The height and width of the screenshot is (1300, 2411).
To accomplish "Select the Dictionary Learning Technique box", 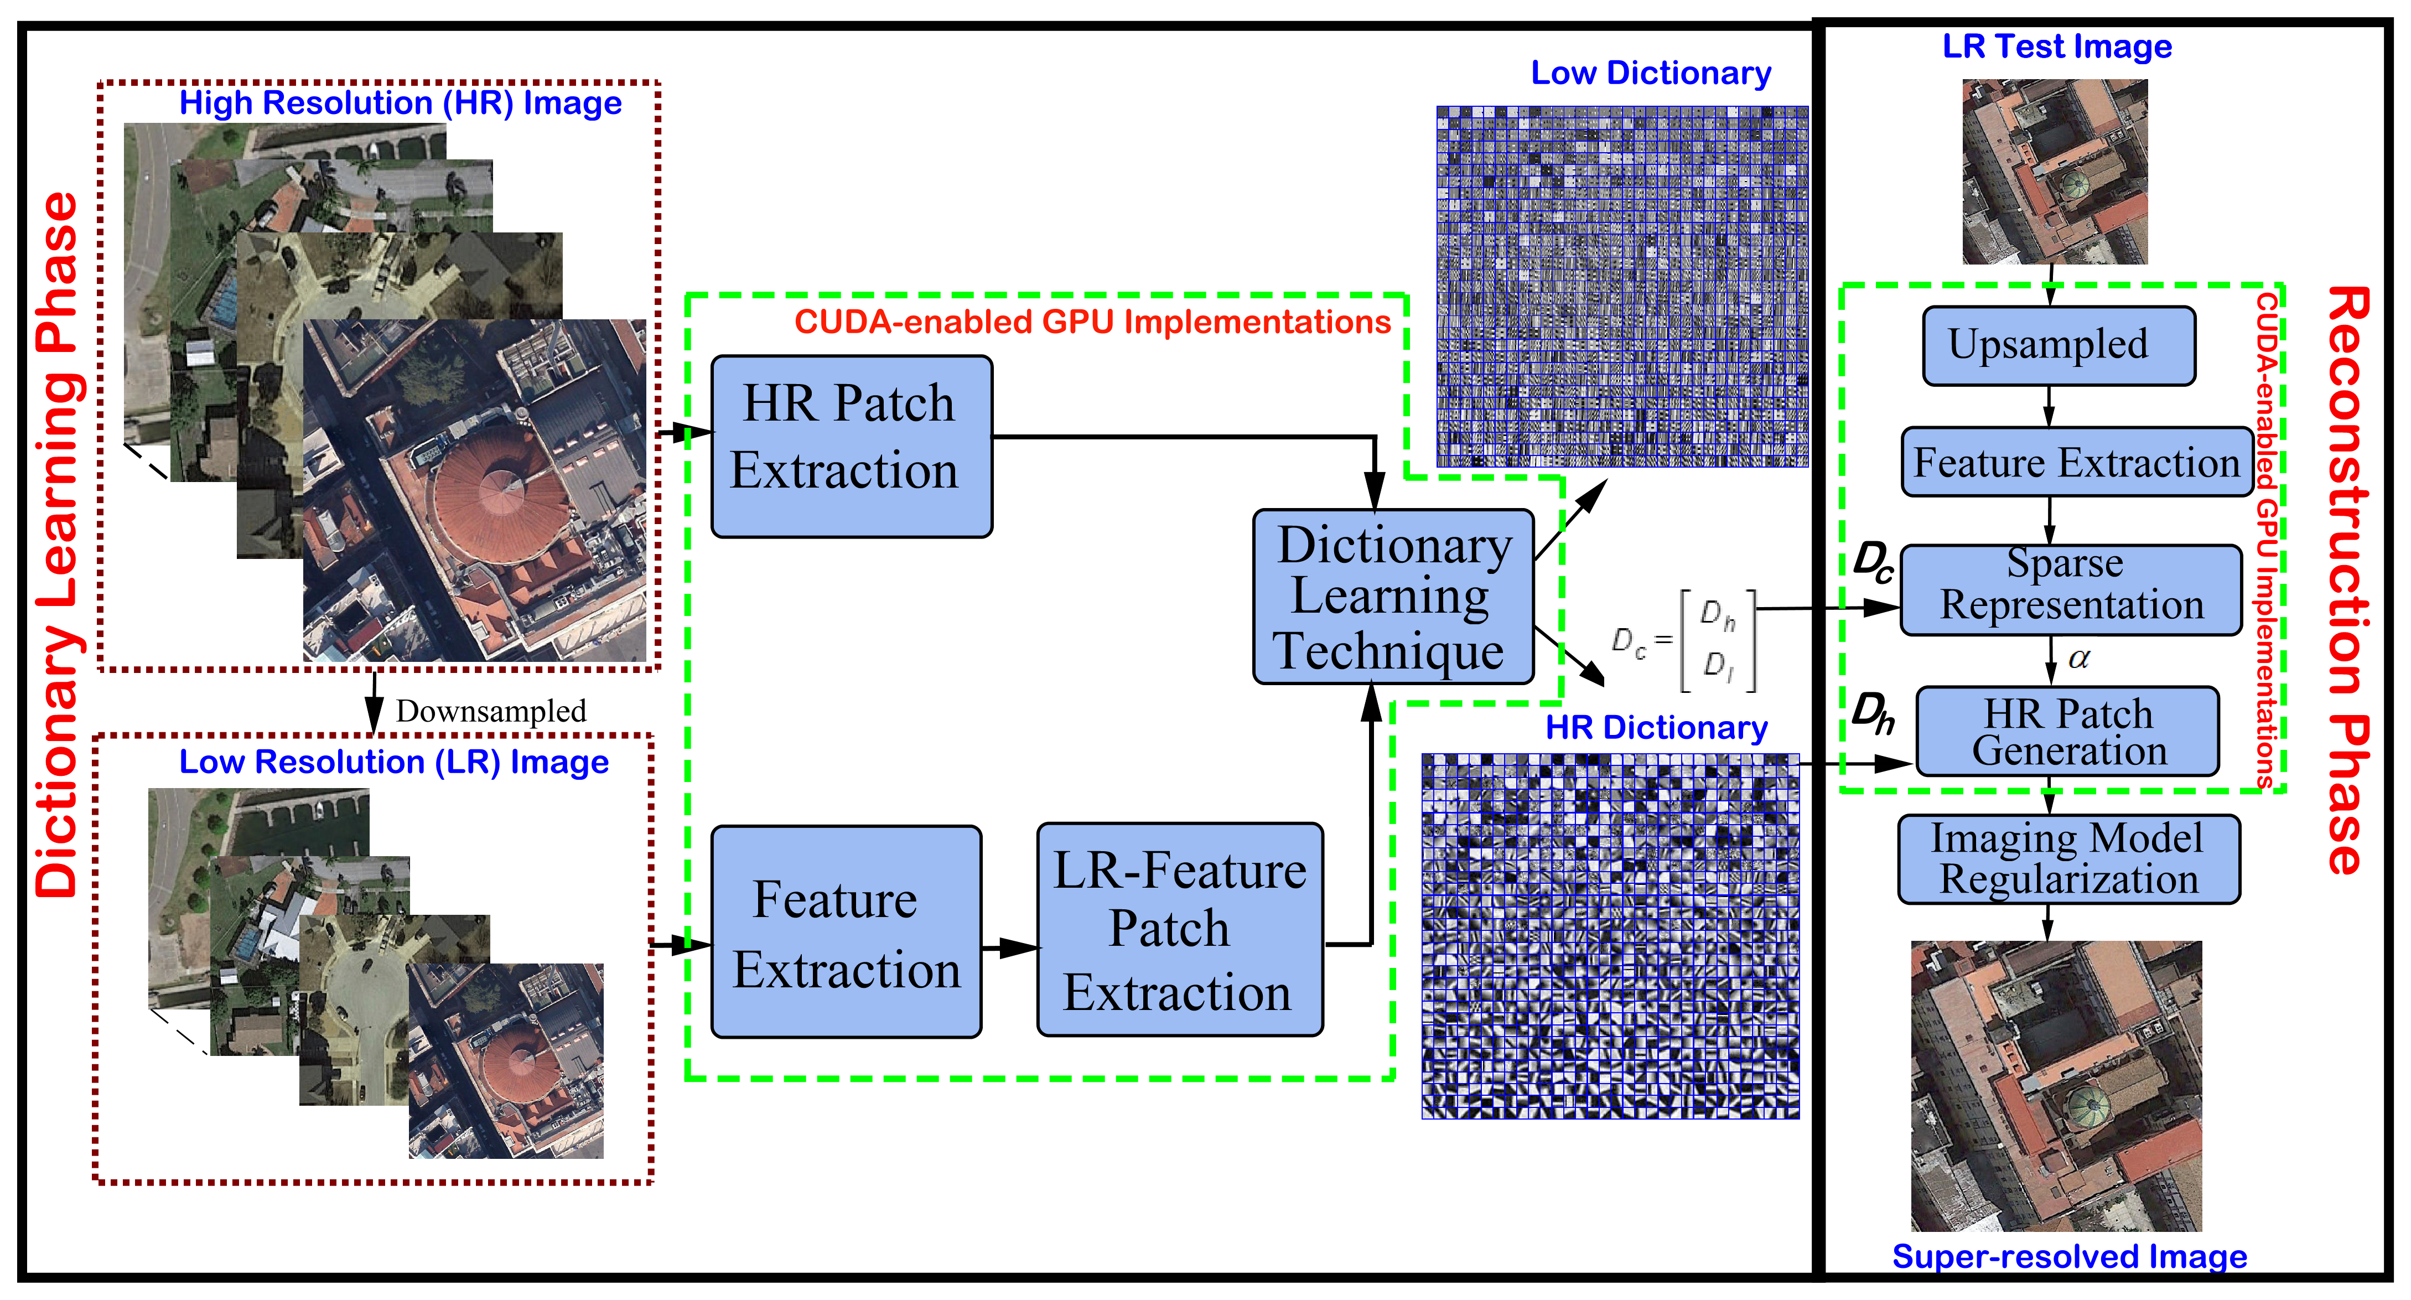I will tap(1393, 596).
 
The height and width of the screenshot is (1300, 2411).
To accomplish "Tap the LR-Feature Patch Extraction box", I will tap(1179, 929).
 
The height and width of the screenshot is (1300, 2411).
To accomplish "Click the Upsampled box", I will tap(2058, 345).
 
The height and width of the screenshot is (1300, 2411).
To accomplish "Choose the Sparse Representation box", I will tap(2070, 589).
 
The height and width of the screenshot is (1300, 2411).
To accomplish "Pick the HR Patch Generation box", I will tap(2067, 732).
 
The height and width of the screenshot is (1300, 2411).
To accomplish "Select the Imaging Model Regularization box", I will tap(2068, 859).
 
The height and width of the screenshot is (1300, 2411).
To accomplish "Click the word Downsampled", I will tap(490, 711).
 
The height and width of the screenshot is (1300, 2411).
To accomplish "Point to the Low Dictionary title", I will tap(1650, 73).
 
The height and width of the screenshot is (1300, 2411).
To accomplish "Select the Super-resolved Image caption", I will tap(2068, 1256).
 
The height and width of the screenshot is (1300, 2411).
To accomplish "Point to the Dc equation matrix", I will tap(1684, 641).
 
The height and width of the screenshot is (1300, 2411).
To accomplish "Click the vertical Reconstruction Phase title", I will tap(2347, 581).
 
